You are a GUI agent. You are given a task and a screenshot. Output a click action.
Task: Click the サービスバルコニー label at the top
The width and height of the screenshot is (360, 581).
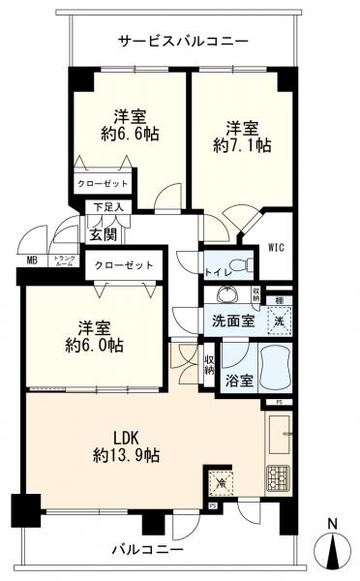183,42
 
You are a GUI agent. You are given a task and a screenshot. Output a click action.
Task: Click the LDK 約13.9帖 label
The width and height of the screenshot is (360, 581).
126,443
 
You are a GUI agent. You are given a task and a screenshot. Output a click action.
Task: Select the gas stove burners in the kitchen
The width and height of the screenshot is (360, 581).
280,476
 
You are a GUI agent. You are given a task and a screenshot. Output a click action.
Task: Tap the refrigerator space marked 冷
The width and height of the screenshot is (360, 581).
219,480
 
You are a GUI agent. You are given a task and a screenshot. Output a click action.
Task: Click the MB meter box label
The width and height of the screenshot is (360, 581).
33,260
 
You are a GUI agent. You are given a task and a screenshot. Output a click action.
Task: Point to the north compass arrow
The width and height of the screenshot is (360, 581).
334,550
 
